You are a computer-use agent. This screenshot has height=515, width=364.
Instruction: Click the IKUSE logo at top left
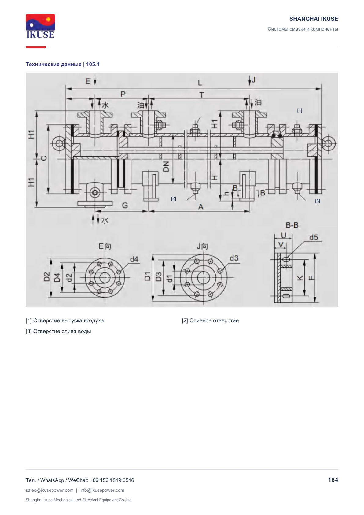point(40,26)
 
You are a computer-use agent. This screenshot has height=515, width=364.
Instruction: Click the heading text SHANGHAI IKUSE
point(314,19)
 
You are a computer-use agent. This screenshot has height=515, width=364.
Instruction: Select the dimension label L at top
point(200,83)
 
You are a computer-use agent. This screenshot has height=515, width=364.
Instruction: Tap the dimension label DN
point(166,166)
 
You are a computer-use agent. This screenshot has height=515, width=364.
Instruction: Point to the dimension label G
point(125,205)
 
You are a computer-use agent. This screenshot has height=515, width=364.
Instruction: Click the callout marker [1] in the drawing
point(300,110)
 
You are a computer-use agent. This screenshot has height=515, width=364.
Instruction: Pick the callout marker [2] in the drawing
point(174,199)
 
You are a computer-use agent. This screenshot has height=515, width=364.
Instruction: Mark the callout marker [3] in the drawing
point(318,201)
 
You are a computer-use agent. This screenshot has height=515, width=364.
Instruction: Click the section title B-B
point(292,225)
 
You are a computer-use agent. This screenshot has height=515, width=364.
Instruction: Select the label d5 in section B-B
point(314,238)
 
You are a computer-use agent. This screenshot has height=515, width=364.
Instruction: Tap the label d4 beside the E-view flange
point(134,260)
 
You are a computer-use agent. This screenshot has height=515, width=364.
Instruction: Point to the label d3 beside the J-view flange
point(234,258)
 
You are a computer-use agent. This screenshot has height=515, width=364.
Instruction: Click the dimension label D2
point(47,277)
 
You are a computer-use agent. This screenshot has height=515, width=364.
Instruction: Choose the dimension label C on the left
point(44,158)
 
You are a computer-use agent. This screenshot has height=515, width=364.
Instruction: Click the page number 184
point(333,480)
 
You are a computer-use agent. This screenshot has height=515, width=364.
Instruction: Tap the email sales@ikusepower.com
point(50,490)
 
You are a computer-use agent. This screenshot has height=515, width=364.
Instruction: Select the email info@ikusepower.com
point(102,490)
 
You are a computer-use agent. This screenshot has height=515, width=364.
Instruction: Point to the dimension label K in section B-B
point(300,278)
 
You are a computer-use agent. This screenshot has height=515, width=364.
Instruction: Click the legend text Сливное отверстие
point(214,320)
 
